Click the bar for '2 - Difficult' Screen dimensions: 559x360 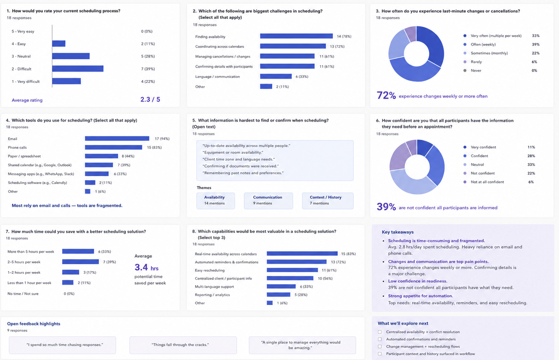(x=78, y=68)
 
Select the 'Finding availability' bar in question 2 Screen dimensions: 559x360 (x=297, y=36)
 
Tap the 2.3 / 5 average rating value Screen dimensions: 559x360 (x=150, y=99)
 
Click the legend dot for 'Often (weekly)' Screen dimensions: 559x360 (x=464, y=44)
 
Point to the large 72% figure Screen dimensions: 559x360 (x=386, y=95)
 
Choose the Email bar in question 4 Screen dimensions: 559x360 (x=117, y=139)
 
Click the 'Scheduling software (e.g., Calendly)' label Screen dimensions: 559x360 (x=37, y=183)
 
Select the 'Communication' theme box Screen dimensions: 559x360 (x=268, y=201)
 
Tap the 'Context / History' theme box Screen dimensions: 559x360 (x=328, y=201)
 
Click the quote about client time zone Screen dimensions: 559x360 (x=239, y=159)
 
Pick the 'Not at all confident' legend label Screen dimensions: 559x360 (x=487, y=182)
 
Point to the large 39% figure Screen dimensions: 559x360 (x=386, y=207)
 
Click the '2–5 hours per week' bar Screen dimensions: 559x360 (x=80, y=262)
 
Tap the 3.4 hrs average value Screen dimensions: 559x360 (x=147, y=267)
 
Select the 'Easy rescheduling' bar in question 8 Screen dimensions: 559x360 (x=292, y=270)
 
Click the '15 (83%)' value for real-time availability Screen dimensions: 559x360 (x=348, y=254)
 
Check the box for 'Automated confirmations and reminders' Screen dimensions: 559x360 (x=380, y=339)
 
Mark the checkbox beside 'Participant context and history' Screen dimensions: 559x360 (x=380, y=354)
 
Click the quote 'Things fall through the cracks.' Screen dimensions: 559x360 (x=180, y=345)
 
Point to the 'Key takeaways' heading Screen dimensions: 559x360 (x=398, y=232)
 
